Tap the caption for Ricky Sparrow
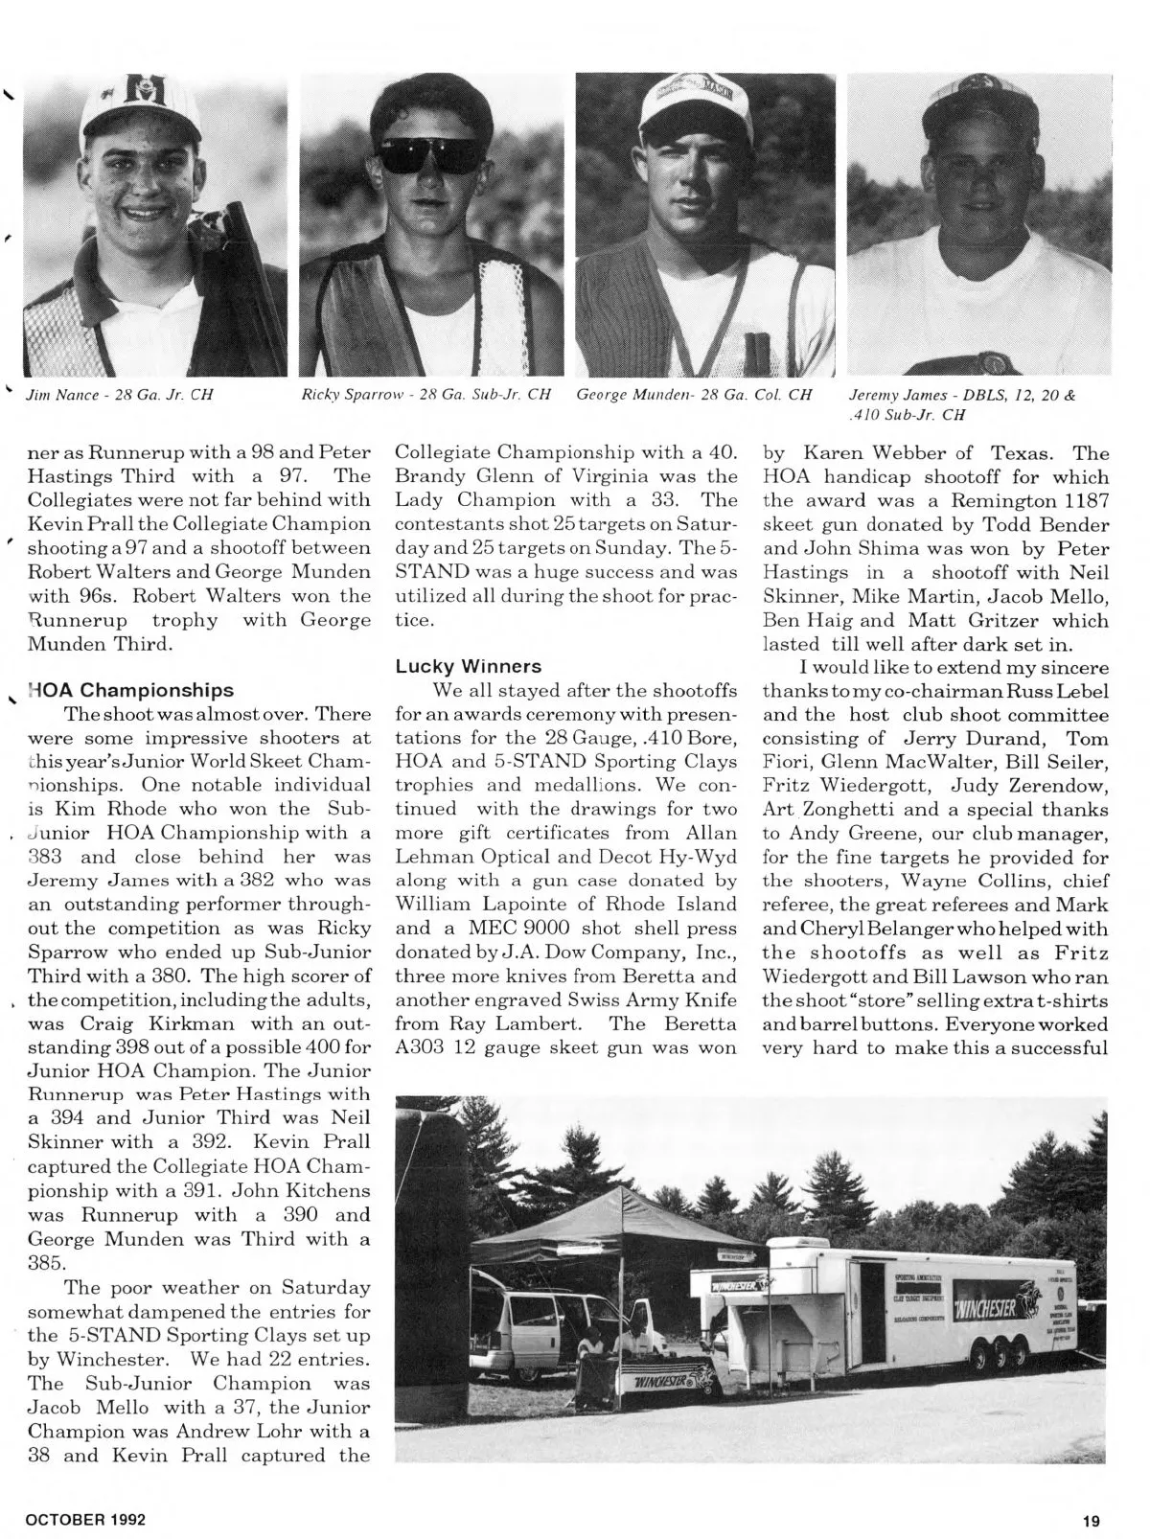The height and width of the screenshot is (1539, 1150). point(426,394)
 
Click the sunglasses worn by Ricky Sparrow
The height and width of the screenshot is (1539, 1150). point(429,154)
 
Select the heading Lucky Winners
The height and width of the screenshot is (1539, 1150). point(469,666)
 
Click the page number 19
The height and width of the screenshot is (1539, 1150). point(1092,1520)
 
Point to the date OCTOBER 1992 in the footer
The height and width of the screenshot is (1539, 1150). point(85,1520)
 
